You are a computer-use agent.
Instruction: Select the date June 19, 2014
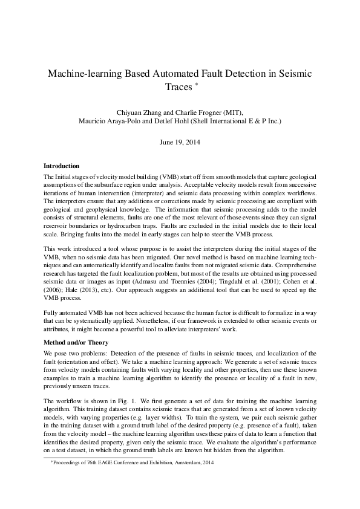pos(180,144)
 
